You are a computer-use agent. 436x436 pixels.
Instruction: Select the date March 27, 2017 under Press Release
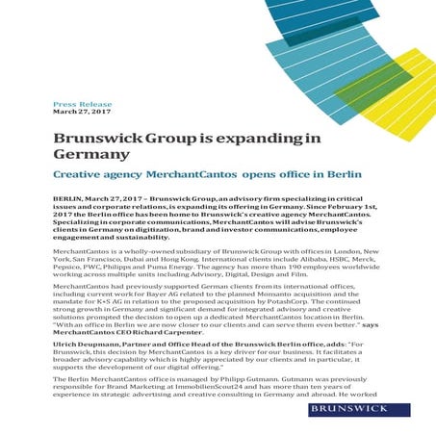(x=82, y=111)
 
